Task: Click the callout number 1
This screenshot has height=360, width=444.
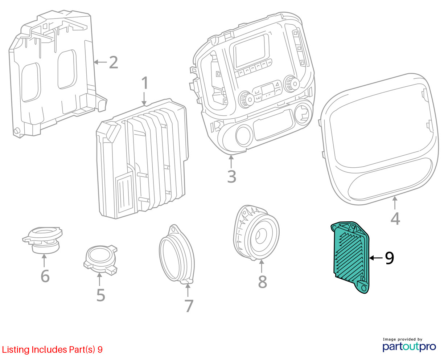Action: coord(145,83)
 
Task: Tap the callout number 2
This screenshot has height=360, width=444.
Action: coord(114,62)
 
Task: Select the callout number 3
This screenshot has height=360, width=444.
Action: coord(231,176)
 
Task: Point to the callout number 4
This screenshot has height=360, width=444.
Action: coord(395,218)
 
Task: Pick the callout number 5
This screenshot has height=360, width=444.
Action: coord(101,295)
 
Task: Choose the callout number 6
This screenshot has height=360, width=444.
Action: coord(45,276)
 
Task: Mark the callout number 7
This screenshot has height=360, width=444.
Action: coord(189,306)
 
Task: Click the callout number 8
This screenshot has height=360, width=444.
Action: coord(262,282)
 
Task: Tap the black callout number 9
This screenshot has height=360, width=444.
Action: coord(389,258)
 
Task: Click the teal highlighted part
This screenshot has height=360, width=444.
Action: coord(350,258)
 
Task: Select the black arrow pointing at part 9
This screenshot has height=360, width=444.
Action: coord(376,258)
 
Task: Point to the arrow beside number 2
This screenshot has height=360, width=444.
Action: coord(100,62)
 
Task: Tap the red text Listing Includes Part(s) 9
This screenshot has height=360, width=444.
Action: coord(52,349)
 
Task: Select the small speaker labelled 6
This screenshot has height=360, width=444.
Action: coord(42,240)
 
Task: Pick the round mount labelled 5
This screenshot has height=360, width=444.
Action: coord(100,260)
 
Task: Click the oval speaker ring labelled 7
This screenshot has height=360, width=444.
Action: coord(177,254)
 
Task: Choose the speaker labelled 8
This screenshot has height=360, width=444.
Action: coord(256,233)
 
